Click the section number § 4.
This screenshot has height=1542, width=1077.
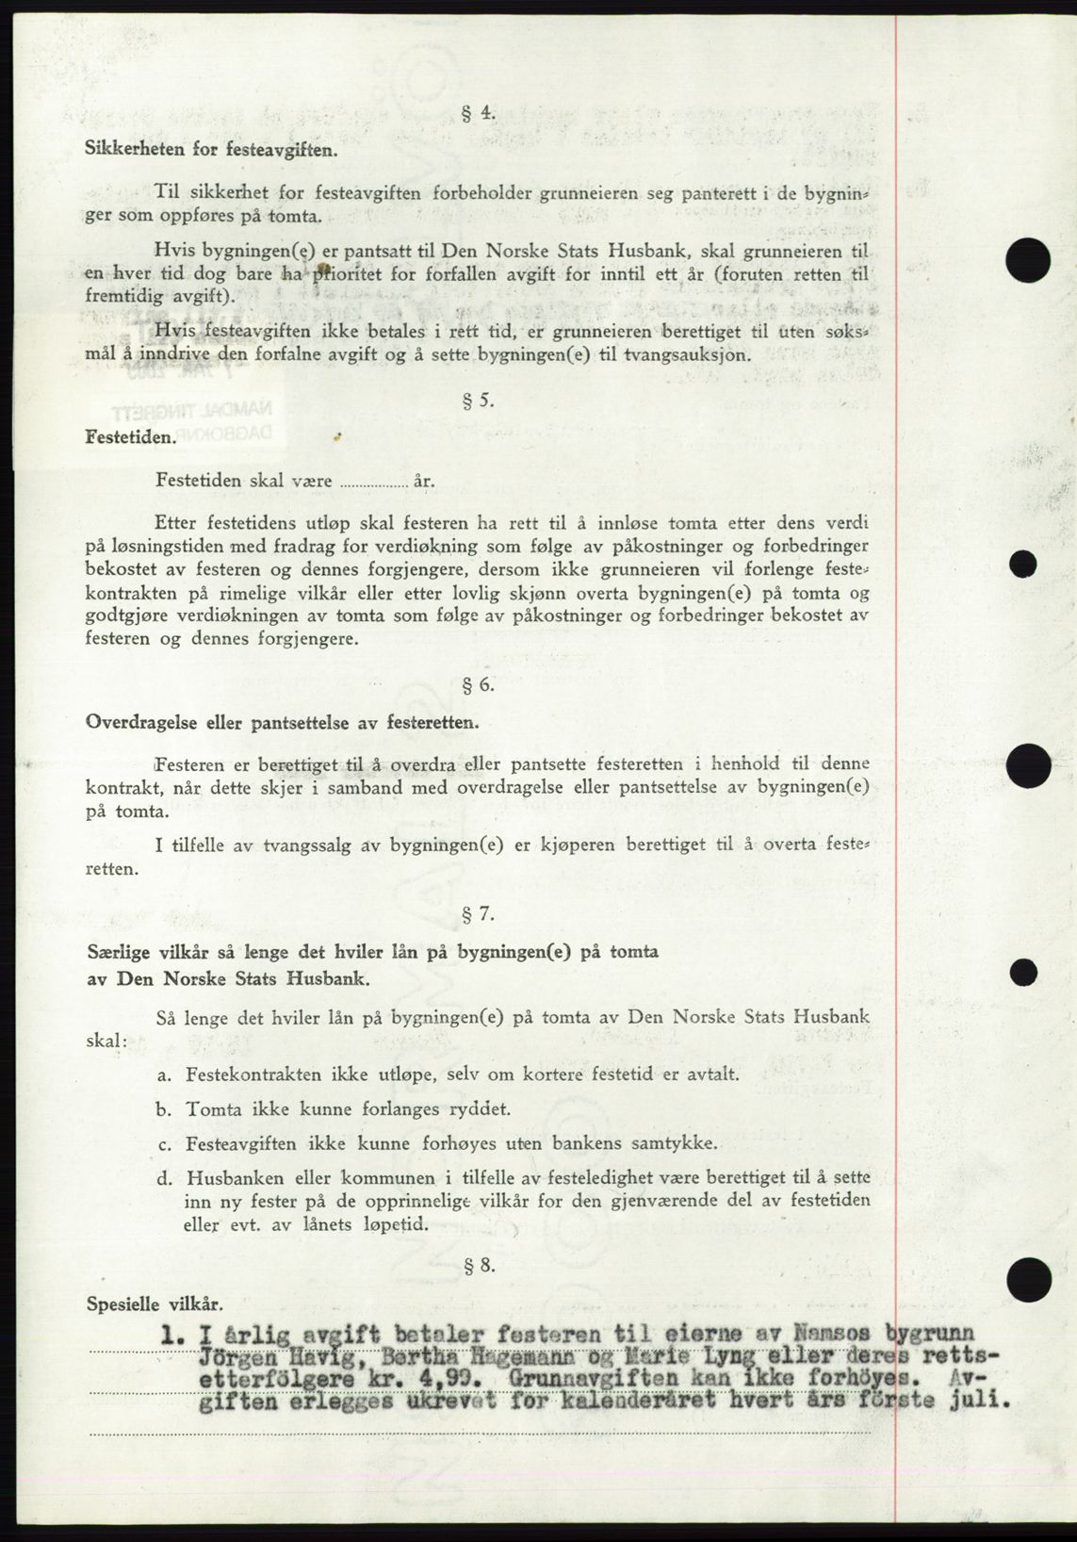pyautogui.click(x=479, y=113)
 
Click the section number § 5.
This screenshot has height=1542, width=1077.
pyautogui.click(x=479, y=400)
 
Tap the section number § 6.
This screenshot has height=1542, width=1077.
pyautogui.click(x=479, y=685)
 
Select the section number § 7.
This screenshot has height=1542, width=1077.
pyautogui.click(x=479, y=914)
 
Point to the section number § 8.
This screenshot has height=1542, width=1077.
pyautogui.click(x=479, y=1266)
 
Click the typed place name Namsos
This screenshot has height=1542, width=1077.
pyautogui.click(x=838, y=1334)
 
